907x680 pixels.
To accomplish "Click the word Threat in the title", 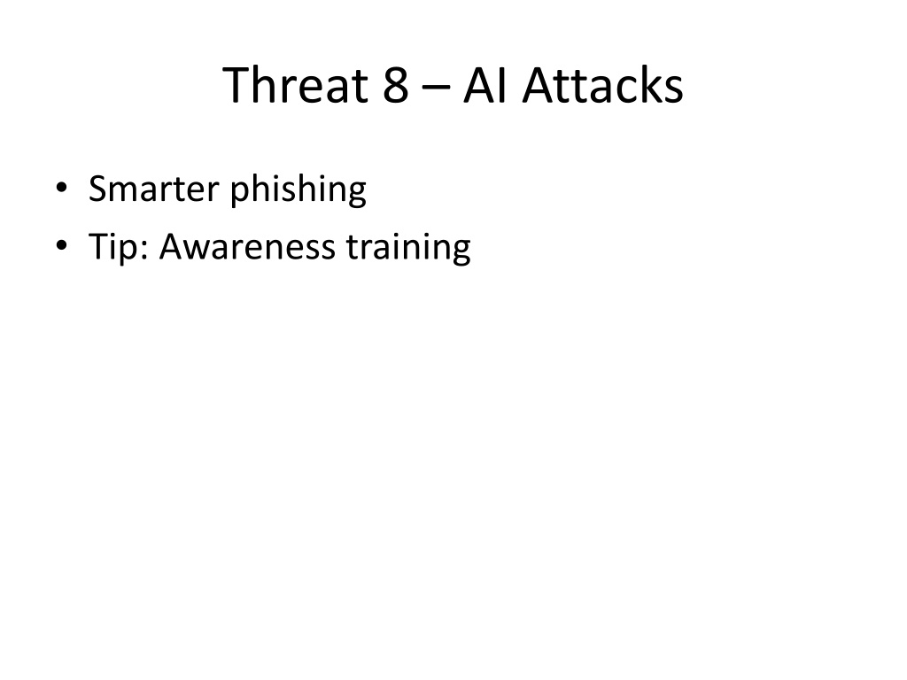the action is [x=296, y=85].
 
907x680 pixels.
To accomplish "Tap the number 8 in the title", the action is [x=396, y=85].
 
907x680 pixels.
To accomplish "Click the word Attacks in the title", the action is [x=602, y=85].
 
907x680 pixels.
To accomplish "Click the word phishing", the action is [x=298, y=189].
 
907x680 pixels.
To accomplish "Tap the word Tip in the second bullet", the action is [x=113, y=247].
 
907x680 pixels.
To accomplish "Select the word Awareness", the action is [x=247, y=247].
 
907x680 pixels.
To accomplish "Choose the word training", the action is [x=408, y=248].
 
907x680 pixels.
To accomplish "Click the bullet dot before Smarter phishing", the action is [x=61, y=188].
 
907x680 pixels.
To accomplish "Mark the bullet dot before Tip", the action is [x=61, y=245].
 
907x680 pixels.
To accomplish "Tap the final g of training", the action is [x=461, y=253].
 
